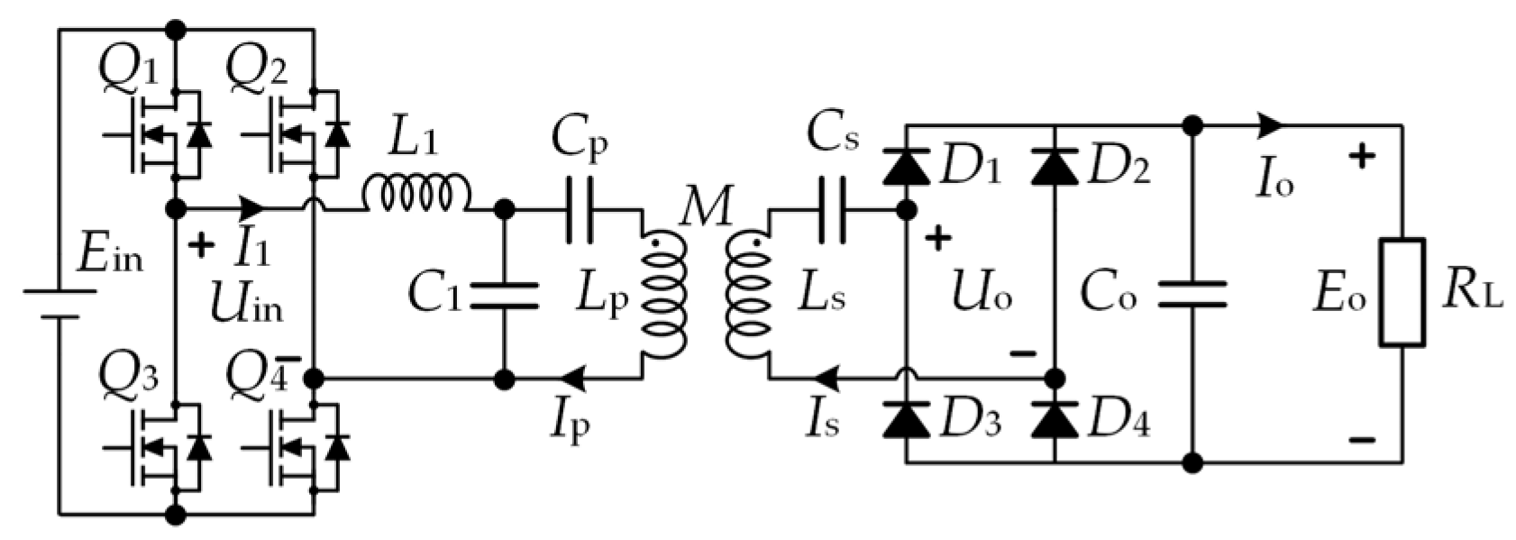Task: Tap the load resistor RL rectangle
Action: [1402, 293]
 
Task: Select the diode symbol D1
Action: [906, 167]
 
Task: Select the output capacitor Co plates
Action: [1192, 293]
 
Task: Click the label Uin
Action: [245, 306]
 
